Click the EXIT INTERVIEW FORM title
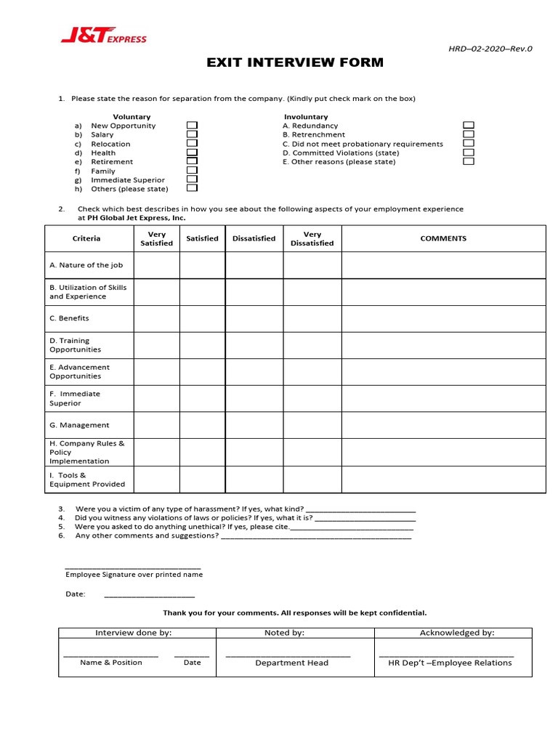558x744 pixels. tap(295, 62)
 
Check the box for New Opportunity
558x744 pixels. tap(192, 126)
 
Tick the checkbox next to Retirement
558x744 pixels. tap(192, 161)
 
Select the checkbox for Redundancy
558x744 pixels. tap(469, 126)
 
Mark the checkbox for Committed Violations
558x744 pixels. tap(469, 153)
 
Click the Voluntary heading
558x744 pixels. tap(132, 116)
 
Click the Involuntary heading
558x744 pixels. tap(306, 116)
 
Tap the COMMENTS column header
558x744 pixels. tap(443, 238)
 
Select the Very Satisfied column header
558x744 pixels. tap(156, 238)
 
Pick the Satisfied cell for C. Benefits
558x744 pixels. tap(202, 318)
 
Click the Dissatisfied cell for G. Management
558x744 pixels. tap(254, 425)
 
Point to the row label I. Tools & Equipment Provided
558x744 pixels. tap(87, 480)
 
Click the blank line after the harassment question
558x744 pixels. tap(361, 509)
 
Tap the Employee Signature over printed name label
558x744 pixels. tap(134, 574)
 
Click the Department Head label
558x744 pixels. tap(291, 663)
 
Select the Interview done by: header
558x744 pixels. tap(134, 633)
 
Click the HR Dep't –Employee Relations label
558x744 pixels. tap(450, 663)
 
